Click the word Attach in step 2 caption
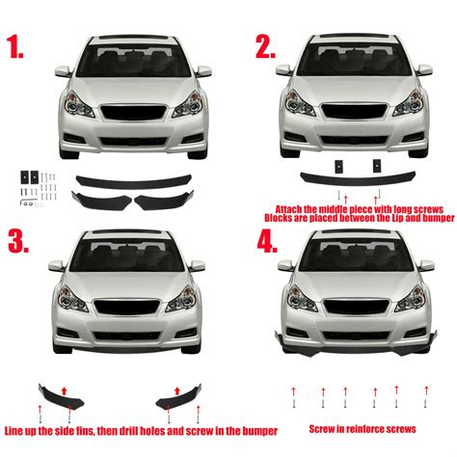(x=288, y=207)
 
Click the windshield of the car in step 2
(x=356, y=61)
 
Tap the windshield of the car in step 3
(x=133, y=255)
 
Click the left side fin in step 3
(x=61, y=396)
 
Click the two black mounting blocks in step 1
(x=29, y=176)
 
